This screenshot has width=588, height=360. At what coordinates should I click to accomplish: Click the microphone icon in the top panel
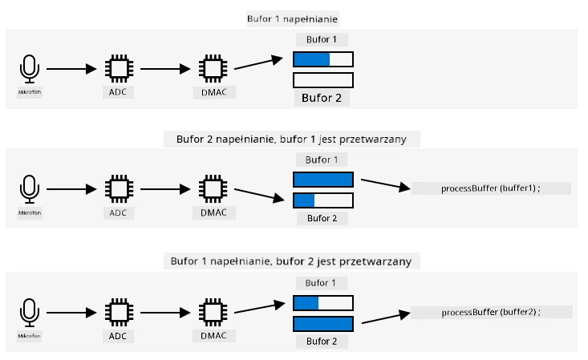tap(29, 69)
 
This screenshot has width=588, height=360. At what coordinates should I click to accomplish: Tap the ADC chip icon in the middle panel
tap(119, 189)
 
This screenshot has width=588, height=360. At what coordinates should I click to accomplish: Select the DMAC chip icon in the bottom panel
tap(213, 313)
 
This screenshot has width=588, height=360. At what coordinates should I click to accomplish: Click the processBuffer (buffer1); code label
tap(490, 188)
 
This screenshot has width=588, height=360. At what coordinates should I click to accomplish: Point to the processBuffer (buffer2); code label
tap(491, 312)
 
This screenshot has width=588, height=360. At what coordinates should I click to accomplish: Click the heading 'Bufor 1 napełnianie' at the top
tap(292, 19)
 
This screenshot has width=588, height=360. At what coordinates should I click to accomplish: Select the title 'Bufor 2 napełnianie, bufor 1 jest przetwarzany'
tap(291, 140)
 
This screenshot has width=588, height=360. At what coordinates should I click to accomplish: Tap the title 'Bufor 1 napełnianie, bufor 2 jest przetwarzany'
tap(291, 261)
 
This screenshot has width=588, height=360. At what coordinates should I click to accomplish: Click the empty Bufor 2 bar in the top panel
tap(322, 80)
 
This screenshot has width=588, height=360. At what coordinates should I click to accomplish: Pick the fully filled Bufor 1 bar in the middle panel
tap(322, 180)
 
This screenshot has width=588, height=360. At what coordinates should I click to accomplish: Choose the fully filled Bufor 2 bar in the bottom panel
tap(322, 324)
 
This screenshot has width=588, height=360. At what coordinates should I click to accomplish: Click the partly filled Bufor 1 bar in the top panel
tap(322, 59)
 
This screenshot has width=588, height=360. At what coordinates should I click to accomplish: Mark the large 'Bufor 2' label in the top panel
tap(322, 98)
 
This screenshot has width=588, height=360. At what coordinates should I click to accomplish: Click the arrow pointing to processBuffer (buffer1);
tap(386, 184)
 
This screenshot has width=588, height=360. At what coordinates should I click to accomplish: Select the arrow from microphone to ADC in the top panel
tap(71, 69)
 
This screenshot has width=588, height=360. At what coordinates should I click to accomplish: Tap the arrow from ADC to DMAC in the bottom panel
tap(165, 313)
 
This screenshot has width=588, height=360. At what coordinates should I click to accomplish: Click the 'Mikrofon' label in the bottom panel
tap(29, 336)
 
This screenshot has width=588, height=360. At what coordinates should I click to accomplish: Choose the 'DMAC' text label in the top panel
tap(214, 92)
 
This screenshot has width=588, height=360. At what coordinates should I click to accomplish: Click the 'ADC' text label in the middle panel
tap(118, 212)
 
